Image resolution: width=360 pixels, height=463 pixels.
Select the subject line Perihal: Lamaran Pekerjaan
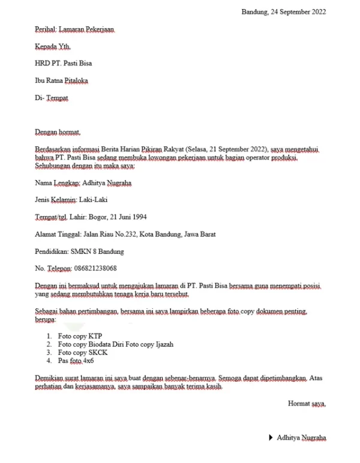(x=74, y=29)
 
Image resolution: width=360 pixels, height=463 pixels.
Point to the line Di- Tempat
(x=52, y=98)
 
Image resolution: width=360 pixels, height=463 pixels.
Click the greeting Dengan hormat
(x=58, y=131)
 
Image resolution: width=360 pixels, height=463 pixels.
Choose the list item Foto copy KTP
(x=80, y=336)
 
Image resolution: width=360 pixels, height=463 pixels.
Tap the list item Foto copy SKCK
(x=83, y=353)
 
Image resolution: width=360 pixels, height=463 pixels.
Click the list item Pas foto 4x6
(x=76, y=362)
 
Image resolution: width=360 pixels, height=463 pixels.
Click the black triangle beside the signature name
(x=271, y=438)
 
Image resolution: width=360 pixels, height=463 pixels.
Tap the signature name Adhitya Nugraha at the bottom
(x=302, y=438)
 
